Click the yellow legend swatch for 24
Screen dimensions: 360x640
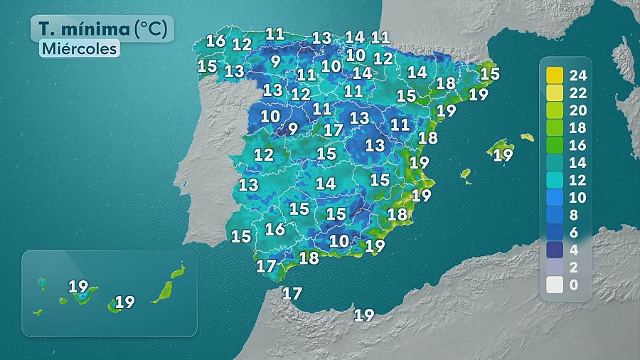555,74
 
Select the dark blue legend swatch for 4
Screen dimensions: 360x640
555,250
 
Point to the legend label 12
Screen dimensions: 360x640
577,179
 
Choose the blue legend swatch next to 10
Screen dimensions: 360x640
555,197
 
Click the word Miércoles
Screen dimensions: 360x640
78,49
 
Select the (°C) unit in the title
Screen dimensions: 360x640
151,29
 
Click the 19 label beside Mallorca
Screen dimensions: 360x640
503,154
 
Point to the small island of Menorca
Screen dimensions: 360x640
526,137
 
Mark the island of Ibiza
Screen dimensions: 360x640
466,173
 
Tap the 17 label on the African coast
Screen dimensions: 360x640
292,293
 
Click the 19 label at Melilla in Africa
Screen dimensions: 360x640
364,314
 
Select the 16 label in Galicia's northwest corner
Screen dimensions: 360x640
216,41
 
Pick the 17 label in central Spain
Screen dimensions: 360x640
333,130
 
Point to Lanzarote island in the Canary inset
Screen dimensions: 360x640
178,272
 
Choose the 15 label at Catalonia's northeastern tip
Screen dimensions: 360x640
489,73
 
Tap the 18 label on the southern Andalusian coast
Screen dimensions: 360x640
309,258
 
